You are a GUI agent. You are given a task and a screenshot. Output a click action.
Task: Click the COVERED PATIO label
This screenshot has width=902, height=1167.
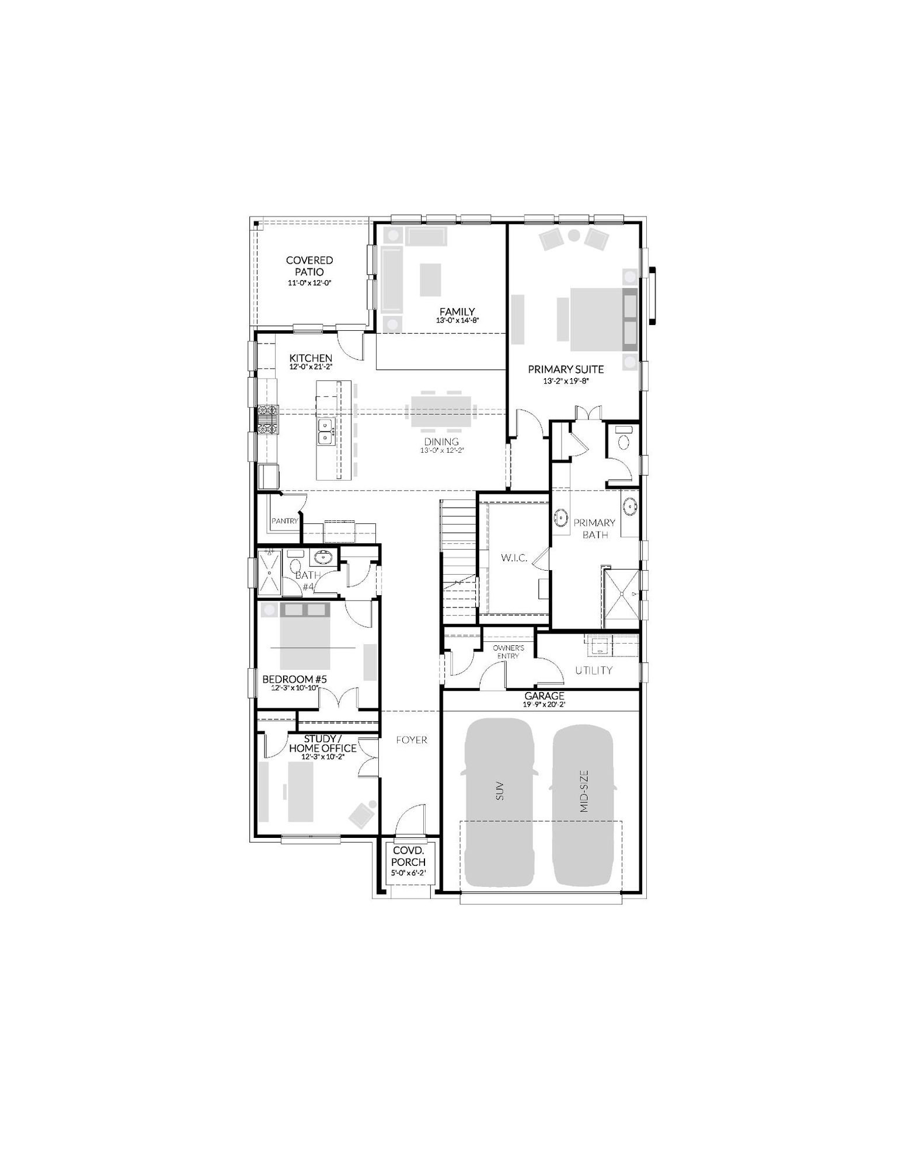pos(309,266)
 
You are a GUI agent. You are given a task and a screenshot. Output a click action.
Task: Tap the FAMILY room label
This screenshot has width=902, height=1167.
pos(457,312)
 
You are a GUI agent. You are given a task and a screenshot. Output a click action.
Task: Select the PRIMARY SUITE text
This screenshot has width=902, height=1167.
pos(566,369)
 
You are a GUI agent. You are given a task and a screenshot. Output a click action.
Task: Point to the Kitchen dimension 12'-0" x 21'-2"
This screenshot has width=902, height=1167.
pos(311,368)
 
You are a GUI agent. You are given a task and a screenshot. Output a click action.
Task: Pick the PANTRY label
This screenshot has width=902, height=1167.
pos(285,521)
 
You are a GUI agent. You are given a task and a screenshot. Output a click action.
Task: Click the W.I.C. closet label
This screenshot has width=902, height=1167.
pos(514,558)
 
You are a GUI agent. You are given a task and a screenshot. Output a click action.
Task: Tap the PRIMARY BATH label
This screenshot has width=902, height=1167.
pos(594,528)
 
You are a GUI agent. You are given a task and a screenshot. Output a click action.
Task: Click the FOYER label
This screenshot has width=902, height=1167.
pos(412,740)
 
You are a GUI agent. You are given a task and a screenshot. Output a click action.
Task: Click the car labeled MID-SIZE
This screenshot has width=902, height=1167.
pos(584,805)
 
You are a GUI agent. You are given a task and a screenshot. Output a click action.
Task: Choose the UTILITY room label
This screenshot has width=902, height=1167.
pos(594,670)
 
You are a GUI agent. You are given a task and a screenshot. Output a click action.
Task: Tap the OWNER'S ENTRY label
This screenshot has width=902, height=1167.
pos(508,652)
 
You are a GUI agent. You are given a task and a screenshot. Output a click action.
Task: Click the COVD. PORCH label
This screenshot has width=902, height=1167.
pos(408,857)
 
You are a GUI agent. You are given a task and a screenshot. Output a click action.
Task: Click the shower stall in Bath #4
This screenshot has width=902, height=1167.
pos(269,572)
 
